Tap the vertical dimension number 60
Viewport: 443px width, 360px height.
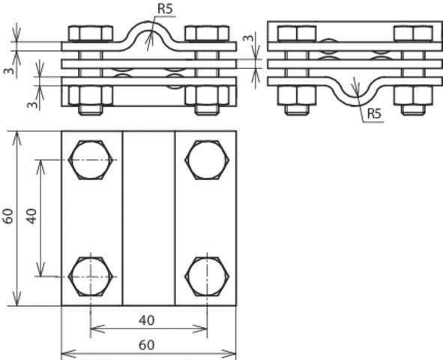pos(8,217)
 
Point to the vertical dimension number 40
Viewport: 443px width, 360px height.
pos(31,217)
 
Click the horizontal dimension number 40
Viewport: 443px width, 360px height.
pos(147,320)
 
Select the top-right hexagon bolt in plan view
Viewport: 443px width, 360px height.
pos(206,160)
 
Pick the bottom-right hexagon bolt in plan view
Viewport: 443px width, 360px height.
pos(206,276)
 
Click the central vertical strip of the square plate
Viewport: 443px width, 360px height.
pos(148,217)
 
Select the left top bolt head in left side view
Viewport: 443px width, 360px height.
pos(90,34)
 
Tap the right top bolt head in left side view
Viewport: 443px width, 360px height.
pos(206,34)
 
